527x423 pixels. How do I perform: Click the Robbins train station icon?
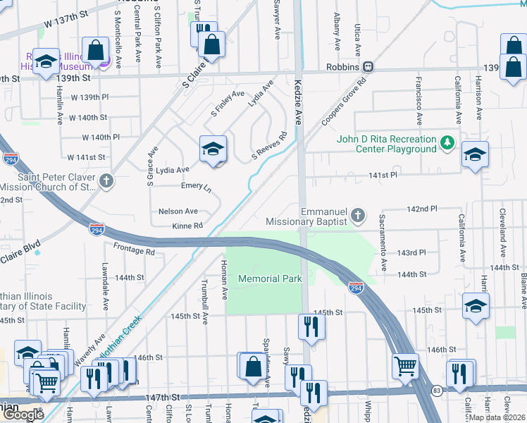(x=368, y=67)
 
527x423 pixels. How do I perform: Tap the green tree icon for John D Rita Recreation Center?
(x=446, y=143)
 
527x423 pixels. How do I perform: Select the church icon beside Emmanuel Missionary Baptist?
(x=359, y=215)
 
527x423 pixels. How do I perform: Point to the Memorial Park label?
(x=270, y=278)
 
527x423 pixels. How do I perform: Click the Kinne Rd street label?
(x=187, y=226)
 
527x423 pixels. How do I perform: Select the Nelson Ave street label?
(x=178, y=211)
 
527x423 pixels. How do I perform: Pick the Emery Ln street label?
(x=196, y=188)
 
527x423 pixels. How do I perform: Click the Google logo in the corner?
(x=23, y=415)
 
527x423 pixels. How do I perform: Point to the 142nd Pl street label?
(x=423, y=209)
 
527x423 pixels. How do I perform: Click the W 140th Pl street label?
(x=101, y=137)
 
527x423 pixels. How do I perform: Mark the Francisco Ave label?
(x=418, y=97)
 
